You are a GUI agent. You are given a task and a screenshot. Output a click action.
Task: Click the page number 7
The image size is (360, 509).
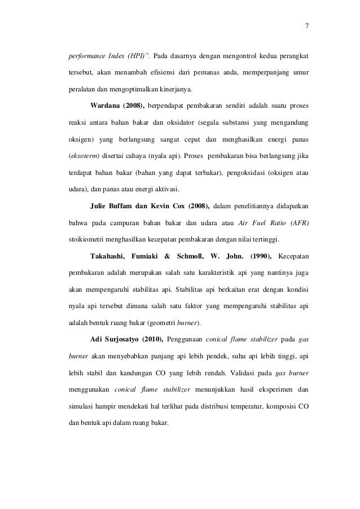(x=306, y=25)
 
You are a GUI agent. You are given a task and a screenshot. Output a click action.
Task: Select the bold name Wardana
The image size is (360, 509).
(x=105, y=105)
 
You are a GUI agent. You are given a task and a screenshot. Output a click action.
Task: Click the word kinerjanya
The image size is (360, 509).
(x=175, y=89)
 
